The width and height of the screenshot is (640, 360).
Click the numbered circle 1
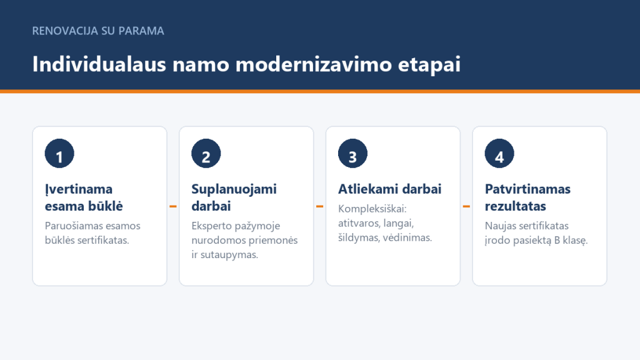click(x=59, y=154)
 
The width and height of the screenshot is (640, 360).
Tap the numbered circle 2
click(x=206, y=154)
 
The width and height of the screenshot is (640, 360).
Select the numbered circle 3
click(x=352, y=154)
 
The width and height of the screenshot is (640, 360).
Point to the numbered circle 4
click(x=499, y=154)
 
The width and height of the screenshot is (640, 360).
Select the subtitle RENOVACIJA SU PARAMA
click(x=98, y=31)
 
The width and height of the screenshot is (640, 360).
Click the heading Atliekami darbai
click(x=390, y=189)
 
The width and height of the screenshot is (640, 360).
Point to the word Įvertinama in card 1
click(x=79, y=189)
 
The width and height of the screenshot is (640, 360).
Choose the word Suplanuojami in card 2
click(x=234, y=189)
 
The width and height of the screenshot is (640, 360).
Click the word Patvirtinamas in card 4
click(x=527, y=189)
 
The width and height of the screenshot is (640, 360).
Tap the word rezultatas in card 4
click(x=516, y=206)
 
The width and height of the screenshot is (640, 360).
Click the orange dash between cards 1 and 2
click(x=173, y=206)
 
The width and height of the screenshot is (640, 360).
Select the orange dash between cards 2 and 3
click(x=319, y=206)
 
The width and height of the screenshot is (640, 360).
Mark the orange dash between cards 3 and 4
click(x=466, y=206)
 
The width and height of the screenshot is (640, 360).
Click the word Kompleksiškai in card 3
click(x=372, y=209)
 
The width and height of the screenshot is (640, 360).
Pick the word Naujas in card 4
click(x=499, y=226)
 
